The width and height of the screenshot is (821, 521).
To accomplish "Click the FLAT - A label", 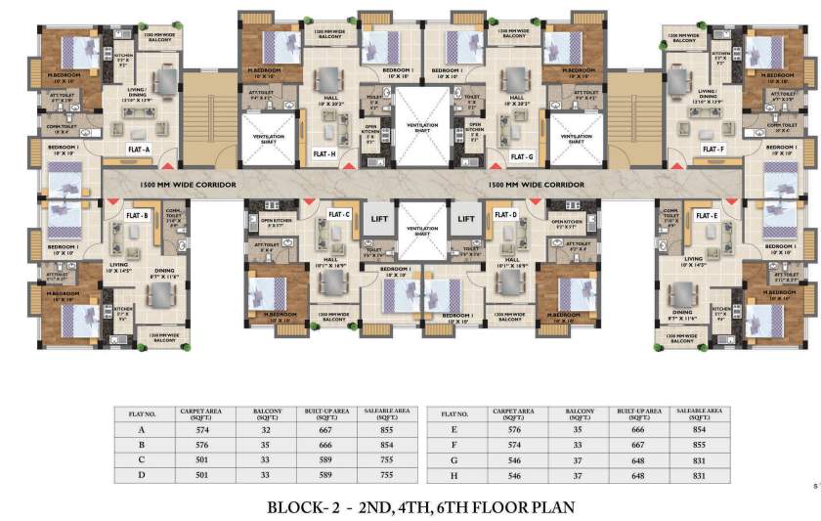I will tap(136, 150).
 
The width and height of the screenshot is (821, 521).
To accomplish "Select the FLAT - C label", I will tap(339, 214).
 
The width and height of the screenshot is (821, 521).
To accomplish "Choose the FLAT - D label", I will tap(505, 214).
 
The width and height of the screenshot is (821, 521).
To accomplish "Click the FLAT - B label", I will tap(136, 214).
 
